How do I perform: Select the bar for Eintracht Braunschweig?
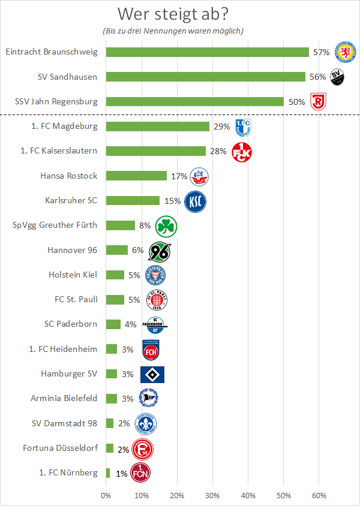tap(207, 52)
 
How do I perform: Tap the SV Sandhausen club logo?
tap(338, 76)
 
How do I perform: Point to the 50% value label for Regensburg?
tap(296, 102)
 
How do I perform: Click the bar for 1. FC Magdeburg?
tap(157, 127)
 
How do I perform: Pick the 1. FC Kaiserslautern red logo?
tap(241, 152)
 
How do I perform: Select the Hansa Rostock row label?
tap(68, 176)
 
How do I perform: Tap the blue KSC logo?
tap(195, 201)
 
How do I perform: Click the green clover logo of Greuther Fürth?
tap(166, 226)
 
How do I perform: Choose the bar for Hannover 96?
tap(116, 250)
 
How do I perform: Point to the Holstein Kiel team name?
tap(73, 275)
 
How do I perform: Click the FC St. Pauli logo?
tap(157, 300)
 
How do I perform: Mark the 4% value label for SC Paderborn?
tap(130, 324)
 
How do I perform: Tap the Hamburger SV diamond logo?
tap(152, 374)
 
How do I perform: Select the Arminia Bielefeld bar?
tap(111, 399)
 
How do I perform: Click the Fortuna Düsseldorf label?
tap(60, 448)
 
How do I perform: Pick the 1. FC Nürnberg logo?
tap(140, 473)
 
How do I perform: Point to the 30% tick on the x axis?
tap(212, 496)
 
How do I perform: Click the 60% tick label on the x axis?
tap(319, 496)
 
